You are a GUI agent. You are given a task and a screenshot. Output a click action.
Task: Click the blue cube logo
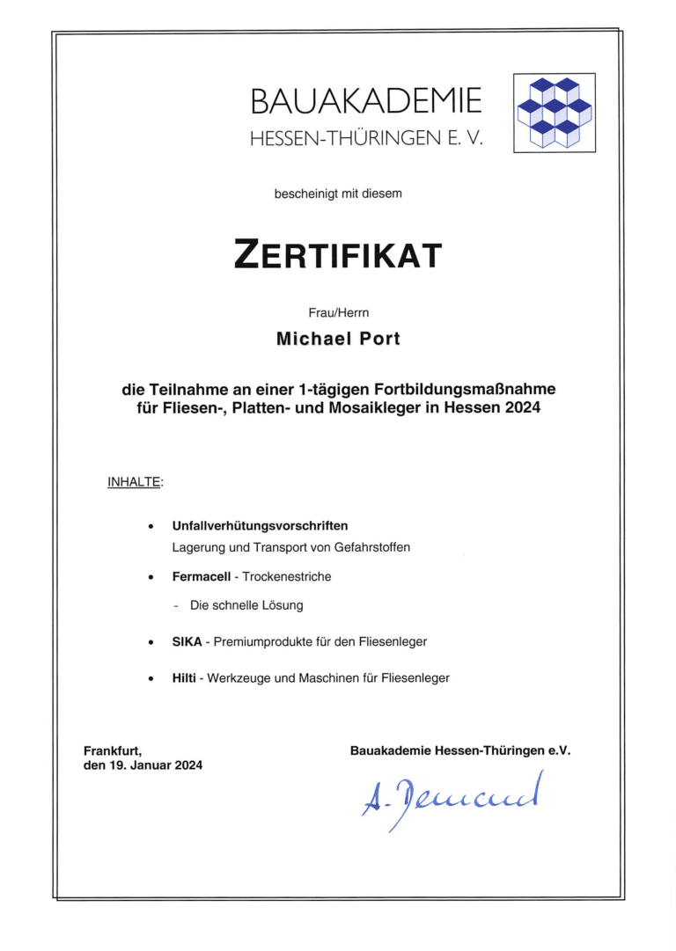[x=555, y=113]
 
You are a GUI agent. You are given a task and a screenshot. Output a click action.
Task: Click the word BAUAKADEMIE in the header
[x=366, y=102]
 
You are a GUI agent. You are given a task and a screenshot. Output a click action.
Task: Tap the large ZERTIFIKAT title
[x=338, y=256]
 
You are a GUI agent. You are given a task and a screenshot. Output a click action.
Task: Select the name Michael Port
[x=338, y=339]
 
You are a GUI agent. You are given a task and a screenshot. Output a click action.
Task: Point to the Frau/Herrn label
[x=338, y=311]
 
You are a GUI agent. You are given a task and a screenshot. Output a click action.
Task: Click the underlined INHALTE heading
[x=135, y=482]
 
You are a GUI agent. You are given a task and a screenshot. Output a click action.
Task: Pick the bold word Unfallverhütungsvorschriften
[x=260, y=526]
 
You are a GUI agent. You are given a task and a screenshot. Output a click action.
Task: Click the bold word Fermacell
[x=202, y=576]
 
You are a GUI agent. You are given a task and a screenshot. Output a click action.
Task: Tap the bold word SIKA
[x=187, y=641]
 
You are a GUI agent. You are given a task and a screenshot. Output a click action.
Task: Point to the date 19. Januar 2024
[x=154, y=764]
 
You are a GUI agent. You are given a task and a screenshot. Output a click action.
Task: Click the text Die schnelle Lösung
[x=246, y=605]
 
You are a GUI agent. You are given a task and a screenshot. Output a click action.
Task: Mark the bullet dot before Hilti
[x=152, y=678]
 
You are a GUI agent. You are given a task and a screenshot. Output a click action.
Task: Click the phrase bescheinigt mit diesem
[x=338, y=193]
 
